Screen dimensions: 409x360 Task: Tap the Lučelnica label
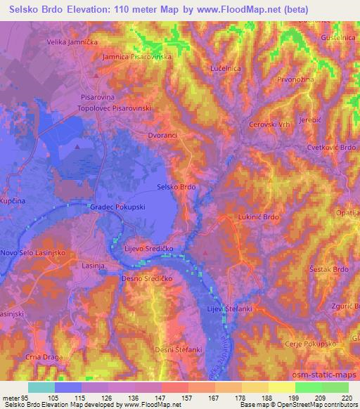tap(226, 69)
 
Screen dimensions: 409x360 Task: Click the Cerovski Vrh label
tap(269, 124)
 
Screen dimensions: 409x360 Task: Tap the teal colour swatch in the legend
tap(41, 387)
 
